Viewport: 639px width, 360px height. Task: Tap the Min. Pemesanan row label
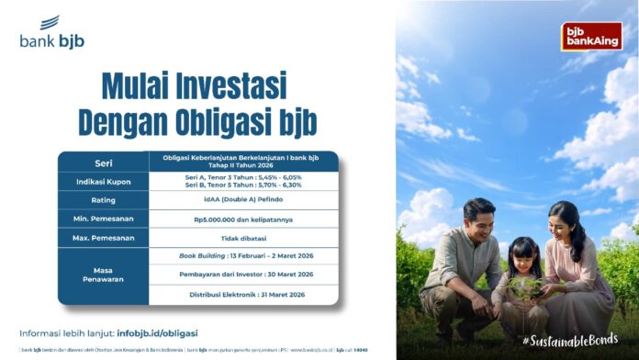pyautogui.click(x=103, y=219)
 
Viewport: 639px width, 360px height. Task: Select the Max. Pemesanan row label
pyautogui.click(x=103, y=238)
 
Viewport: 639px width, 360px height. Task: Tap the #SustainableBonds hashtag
pyautogui.click(x=575, y=340)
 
